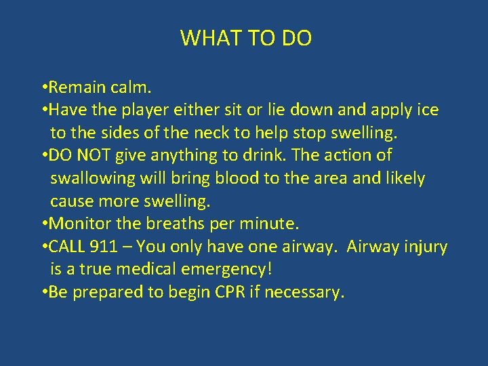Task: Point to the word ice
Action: [x=427, y=110]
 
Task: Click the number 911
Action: [x=109, y=247]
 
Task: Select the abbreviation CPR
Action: [x=237, y=293]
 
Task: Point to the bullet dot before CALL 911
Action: [x=43, y=247]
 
